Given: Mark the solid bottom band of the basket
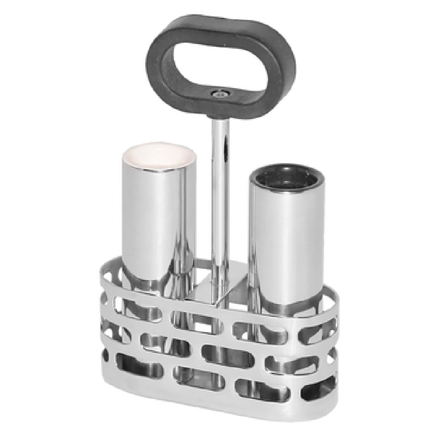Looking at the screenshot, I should click(218, 403).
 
